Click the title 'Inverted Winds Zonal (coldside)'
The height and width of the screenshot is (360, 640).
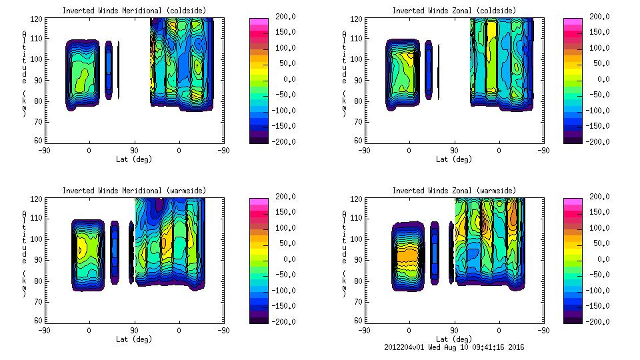click(x=453, y=11)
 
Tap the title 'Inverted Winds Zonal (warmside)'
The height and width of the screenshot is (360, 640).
click(x=453, y=191)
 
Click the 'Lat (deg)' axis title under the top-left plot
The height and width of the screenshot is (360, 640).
click(x=133, y=159)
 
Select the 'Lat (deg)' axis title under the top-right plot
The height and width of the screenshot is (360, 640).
click(x=453, y=159)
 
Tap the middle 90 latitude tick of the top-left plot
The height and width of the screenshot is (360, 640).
click(x=134, y=150)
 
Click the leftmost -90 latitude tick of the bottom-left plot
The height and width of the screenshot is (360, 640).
click(x=44, y=330)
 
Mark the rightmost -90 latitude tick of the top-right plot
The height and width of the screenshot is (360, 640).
click(x=543, y=150)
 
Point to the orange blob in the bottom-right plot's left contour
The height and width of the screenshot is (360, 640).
click(x=407, y=255)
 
